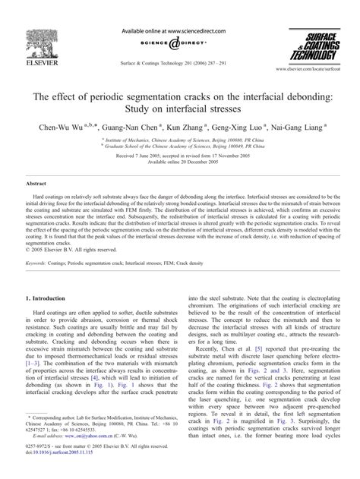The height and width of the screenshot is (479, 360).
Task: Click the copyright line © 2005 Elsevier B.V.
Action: click(71, 228)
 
